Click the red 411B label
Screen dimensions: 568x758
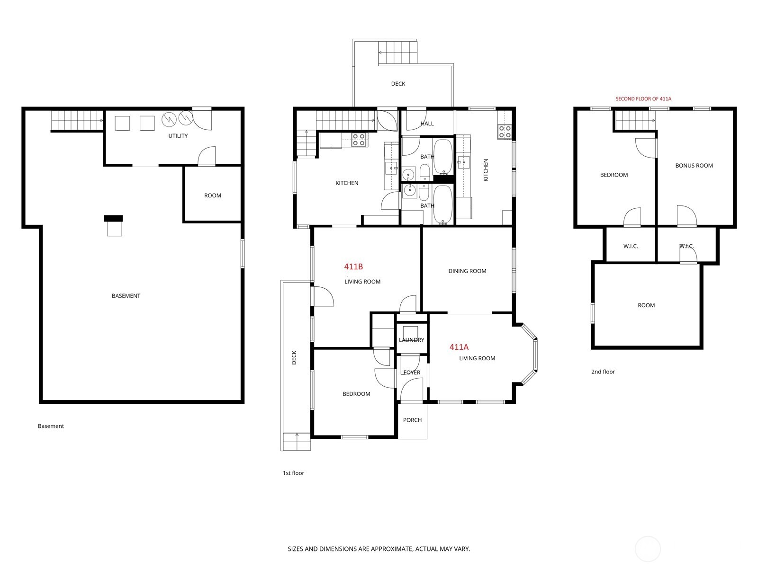tap(353, 267)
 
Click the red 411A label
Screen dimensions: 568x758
tap(459, 347)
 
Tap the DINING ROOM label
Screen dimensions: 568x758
tap(467, 271)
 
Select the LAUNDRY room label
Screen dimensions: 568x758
tap(411, 340)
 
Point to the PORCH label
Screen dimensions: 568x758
tap(412, 420)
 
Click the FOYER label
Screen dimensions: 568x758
tap(412, 373)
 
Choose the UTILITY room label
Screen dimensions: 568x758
tap(178, 136)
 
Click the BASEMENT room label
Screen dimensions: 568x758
tap(126, 296)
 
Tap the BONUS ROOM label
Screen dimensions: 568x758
tap(694, 166)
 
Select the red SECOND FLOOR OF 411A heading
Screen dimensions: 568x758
tap(643, 99)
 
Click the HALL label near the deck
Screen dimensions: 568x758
tap(427, 124)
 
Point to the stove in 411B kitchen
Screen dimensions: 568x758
tap(359, 139)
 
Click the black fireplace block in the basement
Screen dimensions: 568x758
tap(113, 218)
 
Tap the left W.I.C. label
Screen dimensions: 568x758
tap(631, 246)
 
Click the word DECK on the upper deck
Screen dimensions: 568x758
tap(398, 84)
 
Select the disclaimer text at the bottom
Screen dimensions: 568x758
tap(379, 549)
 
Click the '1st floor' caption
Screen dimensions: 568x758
tap(293, 473)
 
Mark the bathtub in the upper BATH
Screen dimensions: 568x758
tap(443, 156)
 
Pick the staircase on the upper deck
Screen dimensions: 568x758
tap(398, 52)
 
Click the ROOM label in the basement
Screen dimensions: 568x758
tap(213, 195)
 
